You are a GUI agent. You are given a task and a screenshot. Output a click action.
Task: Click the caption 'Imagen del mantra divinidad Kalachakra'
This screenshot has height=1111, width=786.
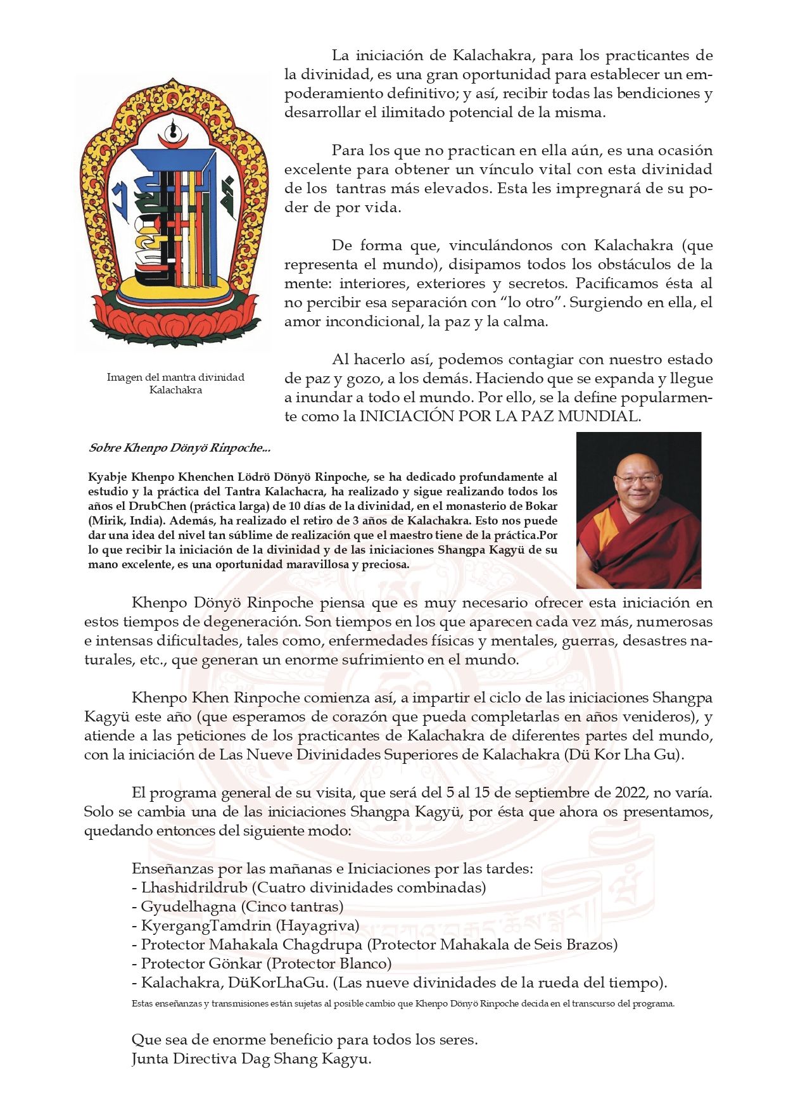point(175,383)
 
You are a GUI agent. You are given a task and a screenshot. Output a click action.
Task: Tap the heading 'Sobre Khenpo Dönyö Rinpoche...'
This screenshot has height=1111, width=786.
point(180,448)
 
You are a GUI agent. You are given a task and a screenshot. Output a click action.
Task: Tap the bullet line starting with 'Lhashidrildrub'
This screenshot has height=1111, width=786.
point(308,887)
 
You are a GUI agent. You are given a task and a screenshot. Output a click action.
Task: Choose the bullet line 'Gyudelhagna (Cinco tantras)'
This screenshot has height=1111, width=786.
point(238,906)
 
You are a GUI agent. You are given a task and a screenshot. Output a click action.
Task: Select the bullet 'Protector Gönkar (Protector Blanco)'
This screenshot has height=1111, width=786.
point(262,963)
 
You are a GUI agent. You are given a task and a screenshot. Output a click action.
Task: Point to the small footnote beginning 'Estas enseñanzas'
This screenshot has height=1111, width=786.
point(403,1003)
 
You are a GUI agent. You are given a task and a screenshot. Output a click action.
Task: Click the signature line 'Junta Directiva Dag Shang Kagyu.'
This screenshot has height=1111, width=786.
point(251,1058)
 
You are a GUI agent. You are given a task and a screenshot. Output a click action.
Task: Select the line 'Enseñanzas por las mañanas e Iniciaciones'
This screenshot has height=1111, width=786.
point(332,868)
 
